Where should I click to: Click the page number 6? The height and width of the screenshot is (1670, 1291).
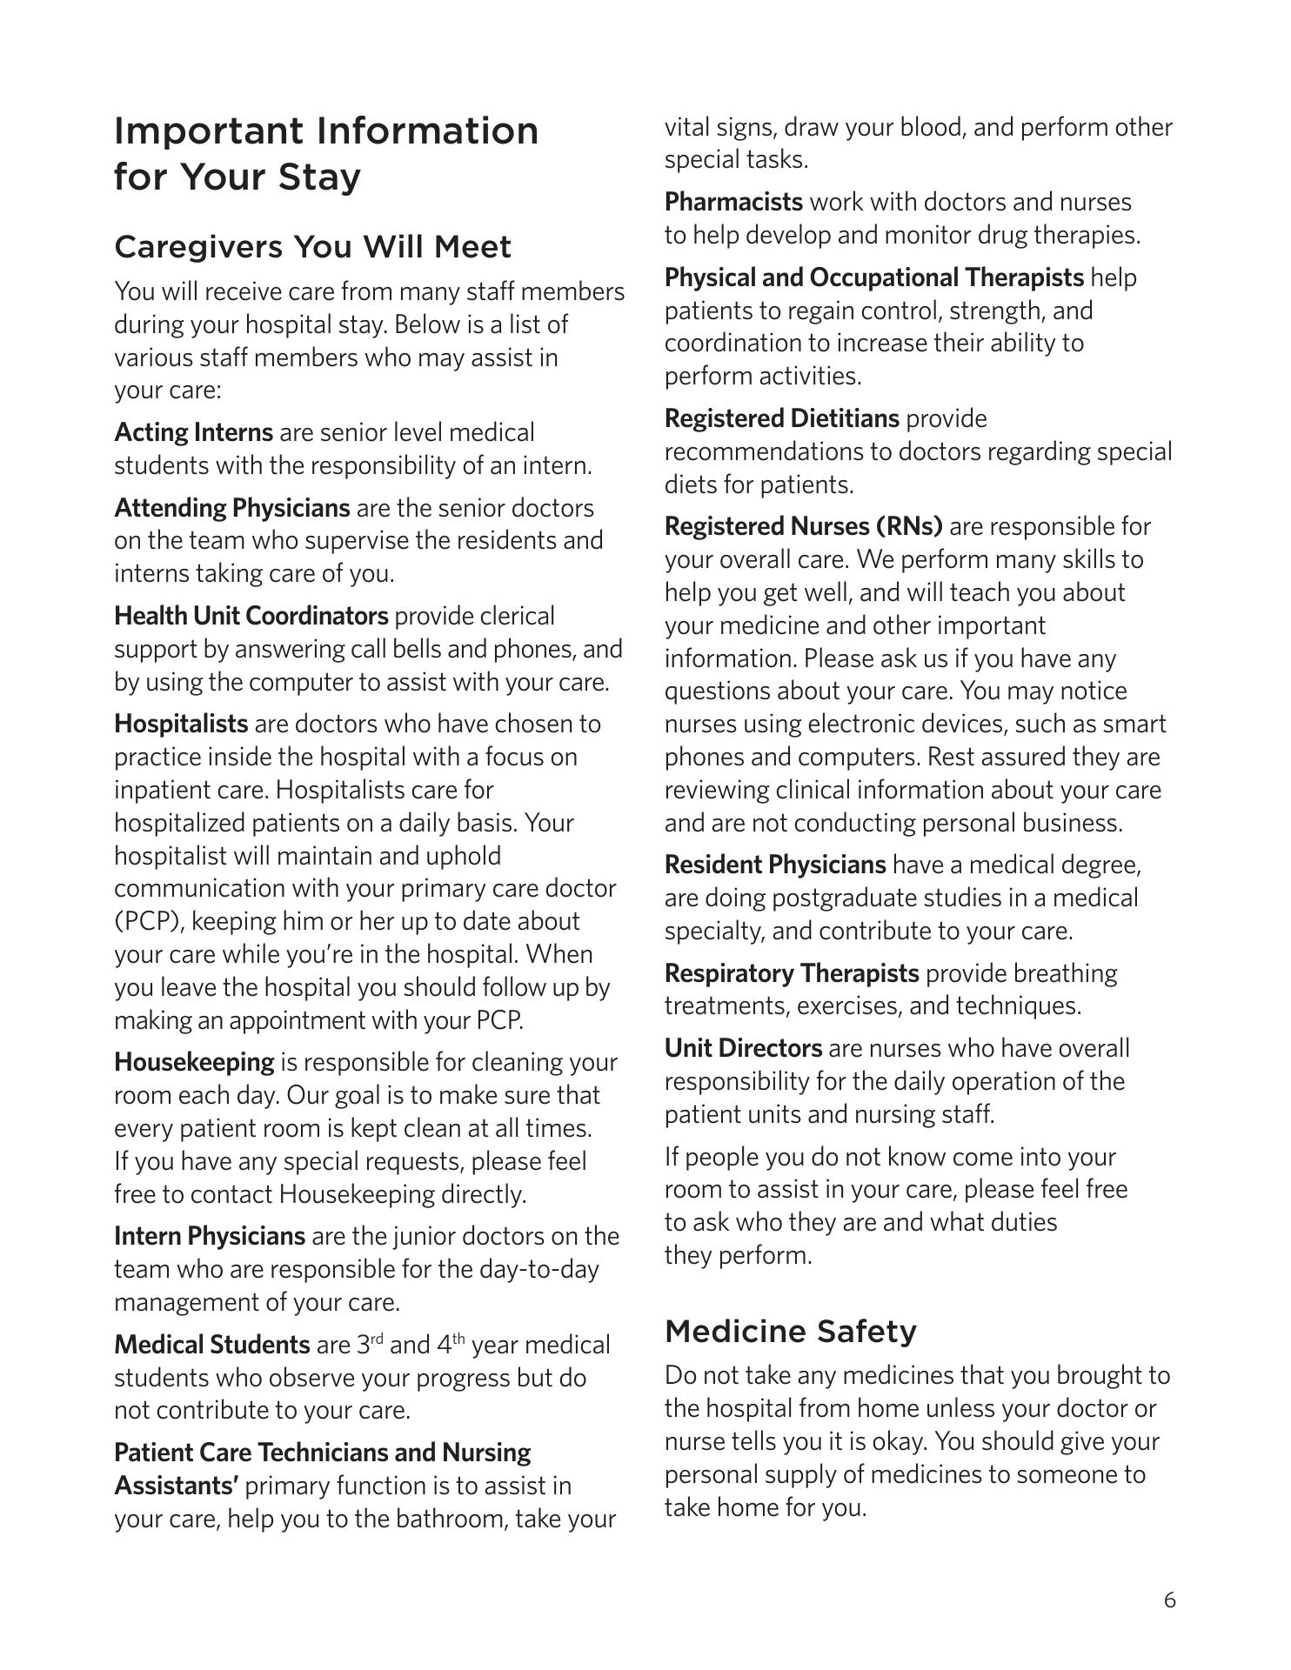tap(1169, 1600)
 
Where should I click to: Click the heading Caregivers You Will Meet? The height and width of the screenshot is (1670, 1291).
tap(312, 247)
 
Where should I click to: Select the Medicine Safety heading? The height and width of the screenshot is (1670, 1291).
tap(790, 1331)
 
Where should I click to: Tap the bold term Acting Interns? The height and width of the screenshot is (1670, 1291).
tap(193, 432)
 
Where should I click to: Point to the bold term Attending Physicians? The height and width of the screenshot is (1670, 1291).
tap(231, 508)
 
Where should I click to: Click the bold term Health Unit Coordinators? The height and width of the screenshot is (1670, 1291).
tap(251, 616)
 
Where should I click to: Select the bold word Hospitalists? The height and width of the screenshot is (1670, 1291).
tap(181, 724)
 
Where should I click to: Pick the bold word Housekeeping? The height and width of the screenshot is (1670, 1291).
tap(194, 1062)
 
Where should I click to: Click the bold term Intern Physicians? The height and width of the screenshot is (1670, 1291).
tap(209, 1236)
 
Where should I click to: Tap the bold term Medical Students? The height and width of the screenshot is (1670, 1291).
tap(211, 1345)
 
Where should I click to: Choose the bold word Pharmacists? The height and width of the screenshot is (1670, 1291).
tap(733, 202)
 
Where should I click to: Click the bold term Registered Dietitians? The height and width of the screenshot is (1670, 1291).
tap(781, 418)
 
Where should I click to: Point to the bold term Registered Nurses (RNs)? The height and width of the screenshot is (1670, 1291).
tap(803, 526)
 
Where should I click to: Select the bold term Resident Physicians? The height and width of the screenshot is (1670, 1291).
tap(774, 865)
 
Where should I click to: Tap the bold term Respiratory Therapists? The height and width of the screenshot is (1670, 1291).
tap(791, 972)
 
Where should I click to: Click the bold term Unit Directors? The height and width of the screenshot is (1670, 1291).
tap(743, 1048)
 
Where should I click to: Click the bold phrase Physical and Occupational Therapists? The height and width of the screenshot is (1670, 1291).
tap(873, 277)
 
